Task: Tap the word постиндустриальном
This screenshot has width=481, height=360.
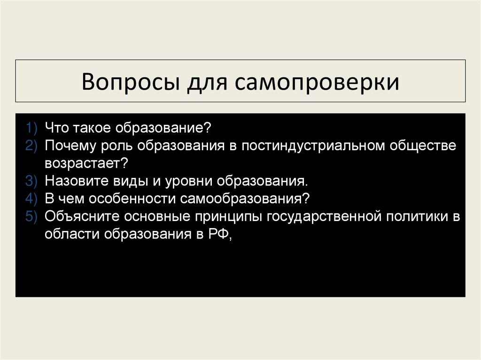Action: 313,146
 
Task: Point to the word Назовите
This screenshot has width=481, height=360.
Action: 76,181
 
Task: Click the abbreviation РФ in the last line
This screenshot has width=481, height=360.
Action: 218,234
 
